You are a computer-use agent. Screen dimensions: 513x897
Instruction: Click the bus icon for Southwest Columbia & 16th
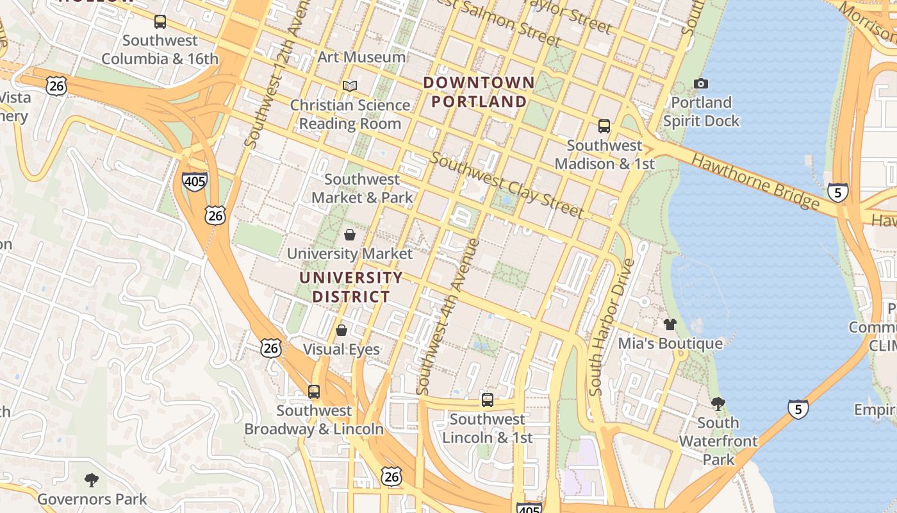coord(160,22)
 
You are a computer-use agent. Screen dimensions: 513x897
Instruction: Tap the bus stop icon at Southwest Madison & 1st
coord(604,126)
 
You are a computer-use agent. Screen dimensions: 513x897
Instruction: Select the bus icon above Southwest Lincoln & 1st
coord(488,400)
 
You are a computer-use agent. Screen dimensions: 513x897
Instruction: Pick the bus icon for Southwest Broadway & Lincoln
coord(314,391)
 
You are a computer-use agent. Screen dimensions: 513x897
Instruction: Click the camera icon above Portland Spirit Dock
coord(701,83)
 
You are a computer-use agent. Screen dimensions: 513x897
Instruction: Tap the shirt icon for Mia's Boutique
coord(670,324)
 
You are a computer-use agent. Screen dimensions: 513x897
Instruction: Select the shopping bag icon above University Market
coord(350,235)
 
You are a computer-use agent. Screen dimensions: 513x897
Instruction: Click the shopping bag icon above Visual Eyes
coord(342,330)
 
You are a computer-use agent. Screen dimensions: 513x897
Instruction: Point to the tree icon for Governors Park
coord(92,480)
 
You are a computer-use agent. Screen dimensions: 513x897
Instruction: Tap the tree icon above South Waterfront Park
coord(718,403)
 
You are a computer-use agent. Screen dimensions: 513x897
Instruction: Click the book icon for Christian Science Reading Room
coord(349,86)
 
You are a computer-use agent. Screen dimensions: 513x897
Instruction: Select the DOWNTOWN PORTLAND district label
coord(479,92)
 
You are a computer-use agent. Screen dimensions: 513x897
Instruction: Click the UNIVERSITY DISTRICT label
coord(351,287)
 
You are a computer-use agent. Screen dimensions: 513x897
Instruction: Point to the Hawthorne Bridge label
coord(756,183)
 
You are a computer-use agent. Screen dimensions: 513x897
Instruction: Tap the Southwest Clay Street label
coord(506,185)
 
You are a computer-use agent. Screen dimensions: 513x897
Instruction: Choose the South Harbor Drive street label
coord(611,327)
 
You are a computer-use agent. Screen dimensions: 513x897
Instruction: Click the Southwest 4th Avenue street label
coord(448,317)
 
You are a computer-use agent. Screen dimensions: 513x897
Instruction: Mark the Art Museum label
coord(361,57)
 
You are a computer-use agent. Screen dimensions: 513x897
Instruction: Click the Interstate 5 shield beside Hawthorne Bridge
coord(837,192)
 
